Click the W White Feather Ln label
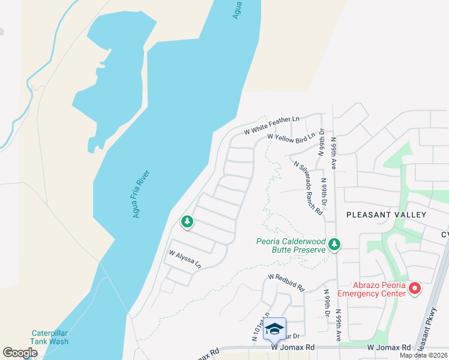coord(271,125)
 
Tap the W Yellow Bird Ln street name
coord(291,138)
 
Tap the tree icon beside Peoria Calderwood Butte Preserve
coord(334,244)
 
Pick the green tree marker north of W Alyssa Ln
coord(187,223)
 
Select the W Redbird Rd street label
coord(286,280)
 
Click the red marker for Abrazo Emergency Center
coord(414,289)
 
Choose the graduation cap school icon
coord(274,329)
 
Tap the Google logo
coord(20,352)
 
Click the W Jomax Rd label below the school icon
coord(293,347)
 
